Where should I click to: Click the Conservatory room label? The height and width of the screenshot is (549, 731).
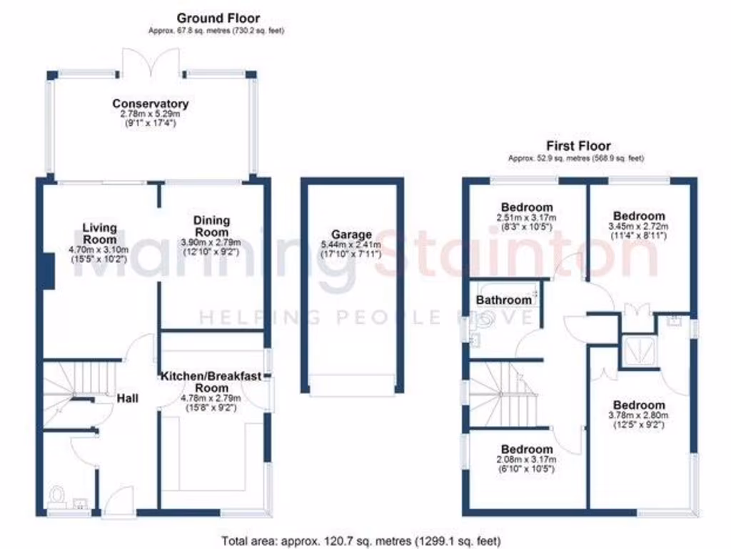pyautogui.click(x=150, y=104)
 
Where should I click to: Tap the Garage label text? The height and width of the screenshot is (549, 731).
pyautogui.click(x=351, y=234)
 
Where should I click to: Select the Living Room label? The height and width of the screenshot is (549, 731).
pyautogui.click(x=98, y=234)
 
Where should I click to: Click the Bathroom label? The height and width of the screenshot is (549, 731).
pyautogui.click(x=504, y=300)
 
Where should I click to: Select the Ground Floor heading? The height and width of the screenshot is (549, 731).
pyautogui.click(x=218, y=18)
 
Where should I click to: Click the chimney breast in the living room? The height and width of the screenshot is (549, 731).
pyautogui.click(x=49, y=270)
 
